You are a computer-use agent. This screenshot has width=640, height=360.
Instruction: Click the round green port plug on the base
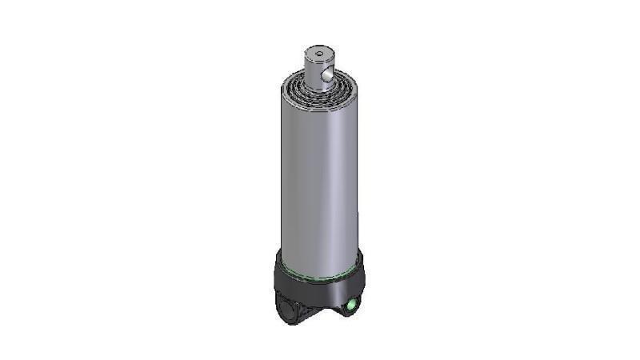coord(351,304)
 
